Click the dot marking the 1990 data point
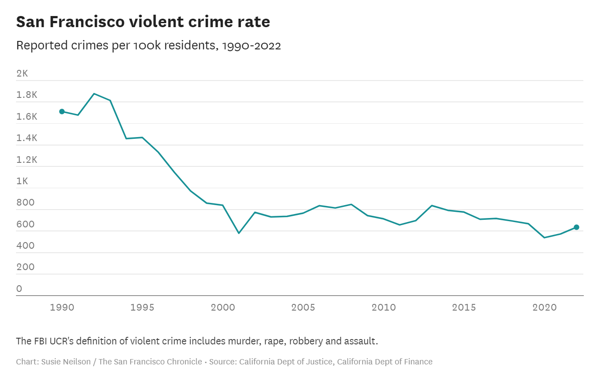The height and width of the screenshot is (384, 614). point(62,111)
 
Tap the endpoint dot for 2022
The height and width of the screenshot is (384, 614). point(576,227)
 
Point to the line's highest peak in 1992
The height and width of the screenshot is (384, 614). point(94,93)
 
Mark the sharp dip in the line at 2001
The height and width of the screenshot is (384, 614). point(239,233)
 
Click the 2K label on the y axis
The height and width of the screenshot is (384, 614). point(22,73)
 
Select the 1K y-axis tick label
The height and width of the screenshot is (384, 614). point(22,181)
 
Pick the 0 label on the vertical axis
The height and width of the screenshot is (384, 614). point(19,289)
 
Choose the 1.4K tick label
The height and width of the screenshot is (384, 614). point(27,138)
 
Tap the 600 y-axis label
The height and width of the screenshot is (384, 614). point(25,224)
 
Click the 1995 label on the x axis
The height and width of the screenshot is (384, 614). point(142,307)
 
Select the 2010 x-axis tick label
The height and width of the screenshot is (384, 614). point(383,307)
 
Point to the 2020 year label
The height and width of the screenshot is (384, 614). point(544,307)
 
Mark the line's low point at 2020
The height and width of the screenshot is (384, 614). point(544,238)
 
